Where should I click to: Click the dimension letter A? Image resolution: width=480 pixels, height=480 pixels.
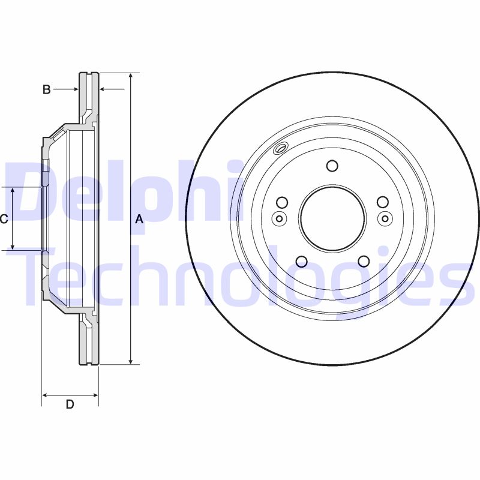pyautogui.click(x=139, y=220)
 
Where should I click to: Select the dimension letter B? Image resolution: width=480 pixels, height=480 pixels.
pyautogui.click(x=46, y=89)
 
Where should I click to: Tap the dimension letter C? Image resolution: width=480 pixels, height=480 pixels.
pyautogui.click(x=4, y=219)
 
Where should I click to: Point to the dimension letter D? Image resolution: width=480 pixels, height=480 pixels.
pyautogui.click(x=70, y=404)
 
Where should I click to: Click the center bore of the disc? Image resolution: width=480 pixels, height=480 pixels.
pyautogui.click(x=332, y=218)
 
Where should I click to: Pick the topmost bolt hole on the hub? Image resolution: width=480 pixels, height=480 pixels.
pyautogui.click(x=332, y=166)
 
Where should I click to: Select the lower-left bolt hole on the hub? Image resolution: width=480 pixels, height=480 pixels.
pyautogui.click(x=302, y=261)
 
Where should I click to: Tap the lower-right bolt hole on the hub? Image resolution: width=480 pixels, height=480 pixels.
pyautogui.click(x=363, y=261)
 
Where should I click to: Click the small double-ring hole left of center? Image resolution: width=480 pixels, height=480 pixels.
pyautogui.click(x=278, y=218)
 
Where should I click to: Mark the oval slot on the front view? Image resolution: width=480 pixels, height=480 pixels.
pyautogui.click(x=281, y=149)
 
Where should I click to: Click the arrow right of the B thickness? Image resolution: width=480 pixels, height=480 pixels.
pyautogui.click(x=103, y=89)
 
